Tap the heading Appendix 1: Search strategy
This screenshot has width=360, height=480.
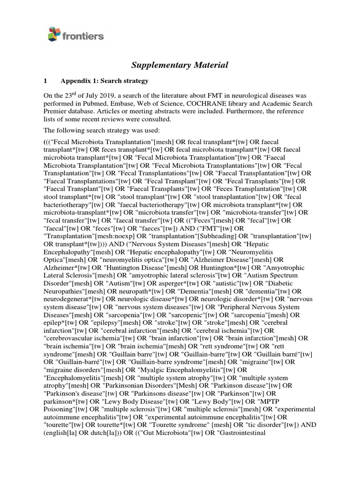[x=102, y=80]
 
